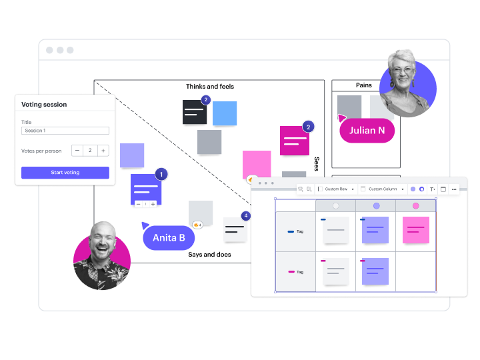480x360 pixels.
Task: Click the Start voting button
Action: (65, 173)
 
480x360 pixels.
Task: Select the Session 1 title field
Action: (65, 131)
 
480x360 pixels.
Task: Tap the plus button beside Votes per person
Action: (103, 151)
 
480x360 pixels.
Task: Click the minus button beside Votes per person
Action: (77, 151)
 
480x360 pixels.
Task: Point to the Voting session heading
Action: (44, 105)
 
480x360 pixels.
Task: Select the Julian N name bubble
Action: (367, 131)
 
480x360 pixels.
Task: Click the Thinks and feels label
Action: (210, 87)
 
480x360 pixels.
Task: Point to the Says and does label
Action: (209, 255)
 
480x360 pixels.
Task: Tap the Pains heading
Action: (364, 85)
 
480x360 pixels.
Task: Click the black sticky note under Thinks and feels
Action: (195, 112)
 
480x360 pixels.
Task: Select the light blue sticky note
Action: (225, 113)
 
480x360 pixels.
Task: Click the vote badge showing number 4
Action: (246, 216)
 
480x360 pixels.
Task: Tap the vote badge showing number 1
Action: (161, 175)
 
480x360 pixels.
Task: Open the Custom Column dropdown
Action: (382, 189)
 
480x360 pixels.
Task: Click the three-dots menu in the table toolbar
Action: (454, 189)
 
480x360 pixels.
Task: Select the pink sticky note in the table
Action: (416, 230)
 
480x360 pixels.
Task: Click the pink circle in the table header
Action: (416, 206)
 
